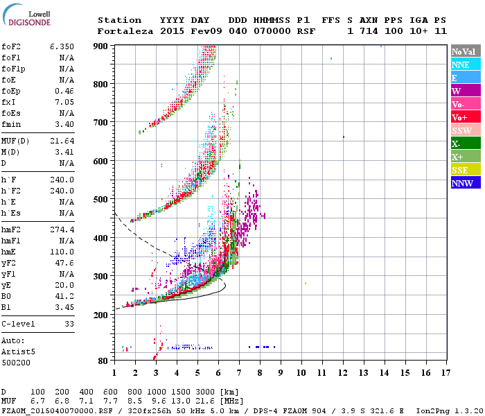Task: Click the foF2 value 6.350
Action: [62, 46]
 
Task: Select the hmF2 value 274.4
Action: [62, 229]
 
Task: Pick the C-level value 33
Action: [69, 324]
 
